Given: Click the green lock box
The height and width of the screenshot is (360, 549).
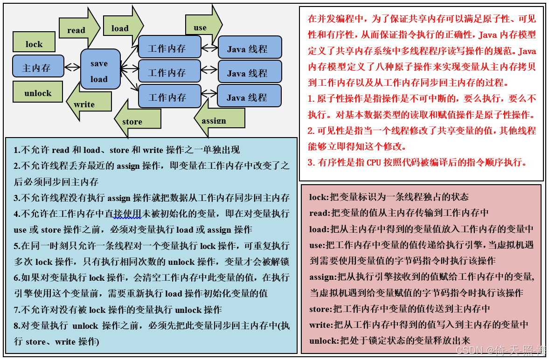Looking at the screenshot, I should click(34, 42).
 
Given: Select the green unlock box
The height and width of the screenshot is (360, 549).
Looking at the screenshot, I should click(38, 91).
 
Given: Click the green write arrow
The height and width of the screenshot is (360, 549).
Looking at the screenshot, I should click(89, 101).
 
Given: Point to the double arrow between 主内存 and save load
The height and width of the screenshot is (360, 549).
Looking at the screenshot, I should click(72, 67).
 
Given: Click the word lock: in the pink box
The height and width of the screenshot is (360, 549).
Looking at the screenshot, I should click(319, 197).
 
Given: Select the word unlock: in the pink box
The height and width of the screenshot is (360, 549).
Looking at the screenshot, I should click(323, 340).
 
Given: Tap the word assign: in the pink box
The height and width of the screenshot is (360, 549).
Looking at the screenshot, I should click(322, 277).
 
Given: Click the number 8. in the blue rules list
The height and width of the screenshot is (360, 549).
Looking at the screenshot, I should click(17, 325).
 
